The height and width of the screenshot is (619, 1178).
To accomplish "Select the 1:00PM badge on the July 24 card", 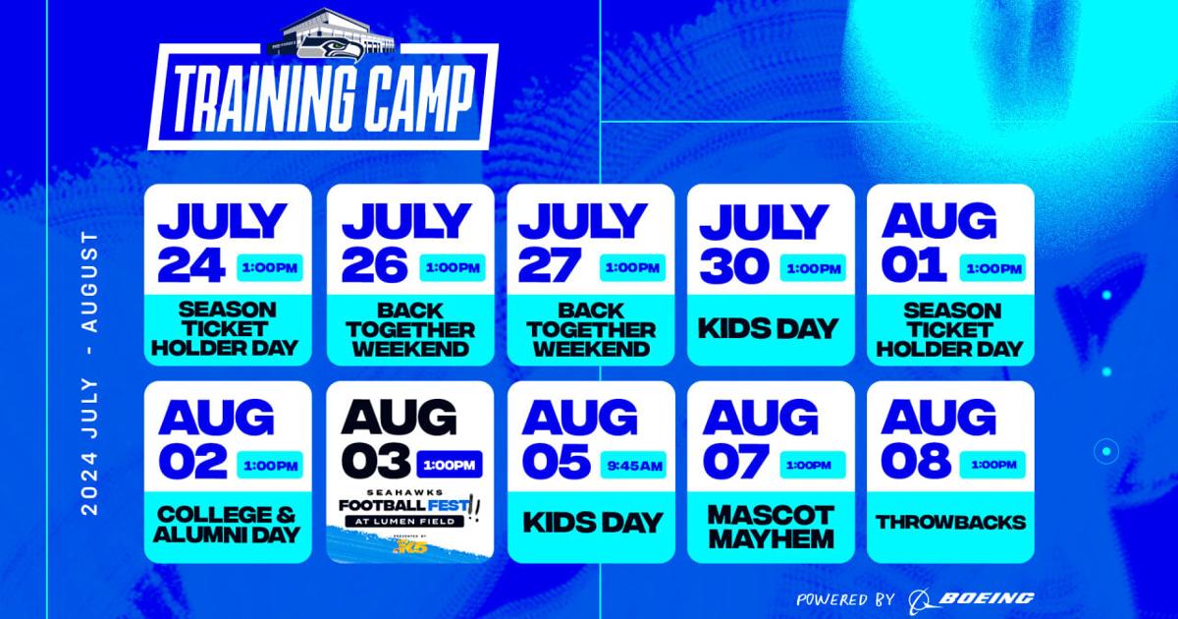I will tap(271, 267).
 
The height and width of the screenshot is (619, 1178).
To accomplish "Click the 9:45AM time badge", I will tap(632, 465).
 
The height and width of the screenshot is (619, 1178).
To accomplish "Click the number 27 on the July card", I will tap(553, 265).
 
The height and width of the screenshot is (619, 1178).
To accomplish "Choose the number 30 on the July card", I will tap(734, 265).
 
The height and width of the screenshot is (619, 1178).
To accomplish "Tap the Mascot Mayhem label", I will tap(771, 527).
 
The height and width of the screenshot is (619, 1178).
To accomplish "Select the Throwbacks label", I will tap(950, 522).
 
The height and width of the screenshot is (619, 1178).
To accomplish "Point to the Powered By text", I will tap(845, 598).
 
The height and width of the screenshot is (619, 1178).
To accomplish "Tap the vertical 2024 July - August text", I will tap(90, 373).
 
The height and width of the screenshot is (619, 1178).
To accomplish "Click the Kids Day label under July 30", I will tap(771, 327).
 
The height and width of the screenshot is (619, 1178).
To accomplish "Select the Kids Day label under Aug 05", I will tap(592, 522).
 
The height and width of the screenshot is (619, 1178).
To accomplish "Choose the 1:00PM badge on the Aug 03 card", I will tap(451, 463).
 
